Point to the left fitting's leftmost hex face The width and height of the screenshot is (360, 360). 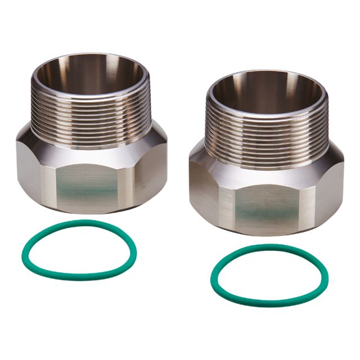click(x=28, y=169)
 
